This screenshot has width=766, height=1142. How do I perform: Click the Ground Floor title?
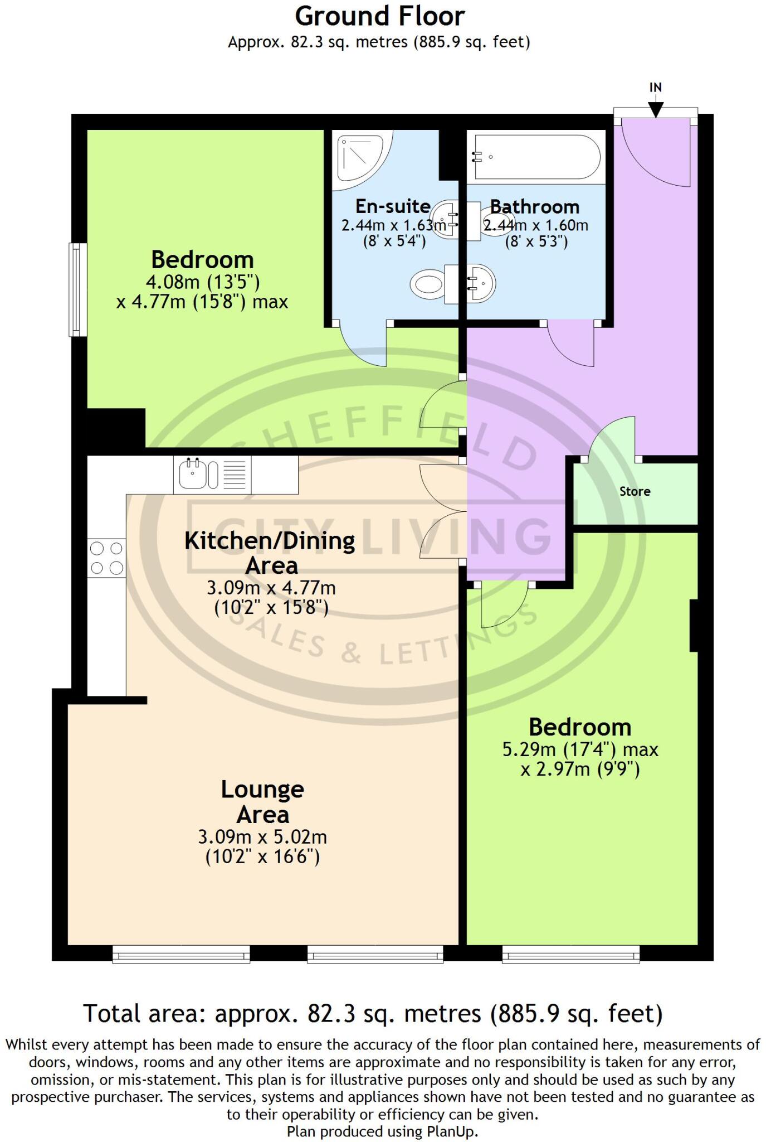pos(379,17)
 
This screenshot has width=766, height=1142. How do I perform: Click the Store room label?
pos(635,491)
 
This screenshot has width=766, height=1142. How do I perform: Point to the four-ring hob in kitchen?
pos(106,558)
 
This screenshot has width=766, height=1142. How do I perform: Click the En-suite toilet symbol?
pos(428,284)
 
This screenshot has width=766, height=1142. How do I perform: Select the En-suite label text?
pos(393,206)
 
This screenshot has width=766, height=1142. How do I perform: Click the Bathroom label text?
pos(535,207)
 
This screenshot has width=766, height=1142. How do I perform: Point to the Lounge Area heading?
pos(262,801)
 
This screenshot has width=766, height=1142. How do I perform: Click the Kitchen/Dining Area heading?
pos(270,552)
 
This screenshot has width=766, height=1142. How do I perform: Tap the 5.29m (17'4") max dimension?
pos(580,749)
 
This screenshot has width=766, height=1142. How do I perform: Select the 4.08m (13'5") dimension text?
pos(202,281)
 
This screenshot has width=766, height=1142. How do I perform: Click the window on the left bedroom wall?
pos(78,289)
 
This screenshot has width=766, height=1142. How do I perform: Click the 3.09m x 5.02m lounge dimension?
pos(262,836)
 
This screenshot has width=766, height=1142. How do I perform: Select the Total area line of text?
pos(373,1013)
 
